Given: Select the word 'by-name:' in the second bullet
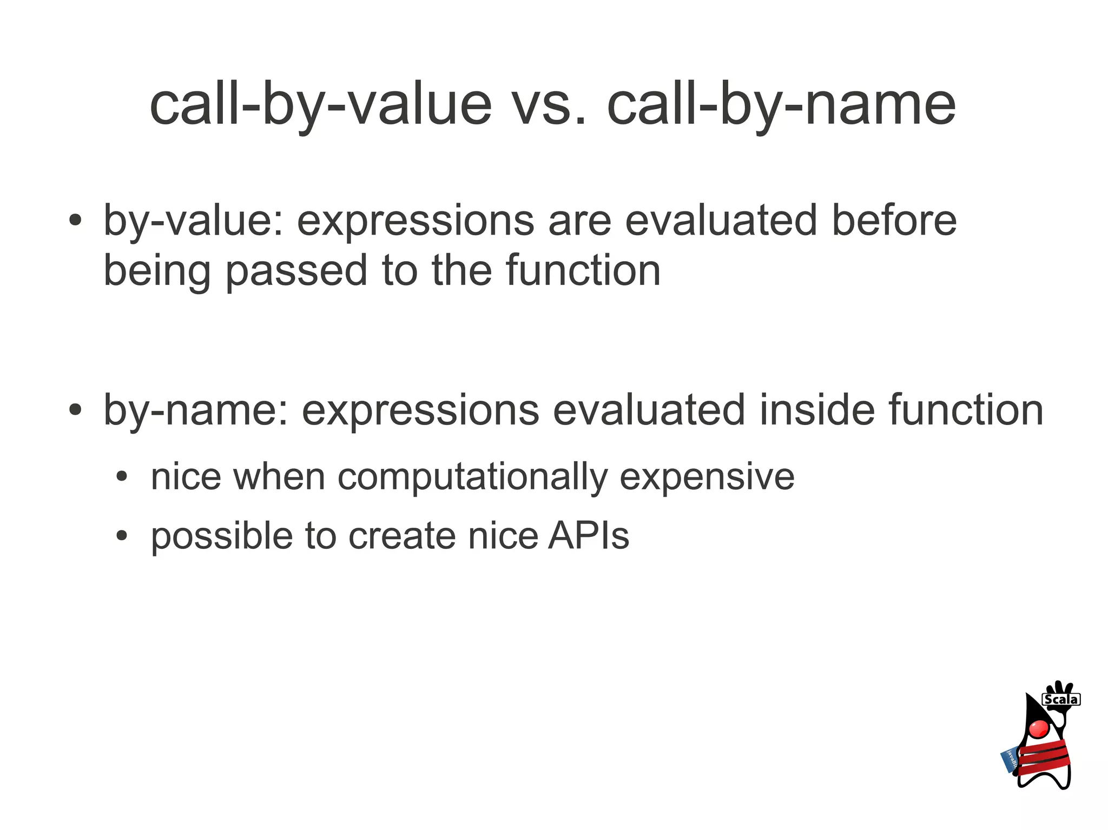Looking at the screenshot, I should tap(195, 410).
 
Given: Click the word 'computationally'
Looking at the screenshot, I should tap(472, 477).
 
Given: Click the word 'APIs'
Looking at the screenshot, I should tap(588, 536).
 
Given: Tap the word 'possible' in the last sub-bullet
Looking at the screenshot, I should tap(221, 536).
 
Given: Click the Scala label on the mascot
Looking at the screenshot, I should tap(1060, 700).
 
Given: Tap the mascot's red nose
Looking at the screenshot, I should tap(1039, 728).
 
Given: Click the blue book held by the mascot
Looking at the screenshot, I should tap(1010, 760).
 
